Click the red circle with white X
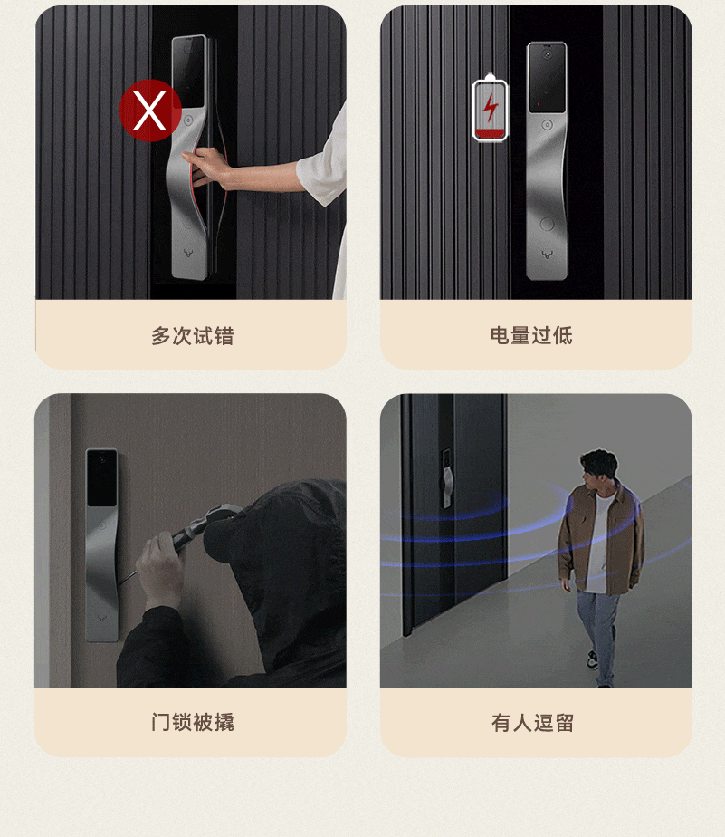[x=150, y=111]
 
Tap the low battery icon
[x=490, y=109]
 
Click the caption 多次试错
[x=192, y=336]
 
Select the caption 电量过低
[x=531, y=335]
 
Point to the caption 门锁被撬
[x=192, y=722]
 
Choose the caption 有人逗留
[x=532, y=723]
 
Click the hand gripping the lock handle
[x=209, y=167]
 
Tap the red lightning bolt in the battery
[x=491, y=109]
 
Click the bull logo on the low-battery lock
[x=547, y=255]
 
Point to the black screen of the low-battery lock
[x=547, y=78]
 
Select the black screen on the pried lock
[x=102, y=477]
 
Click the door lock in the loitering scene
[x=446, y=477]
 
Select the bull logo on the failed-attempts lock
[x=188, y=253]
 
